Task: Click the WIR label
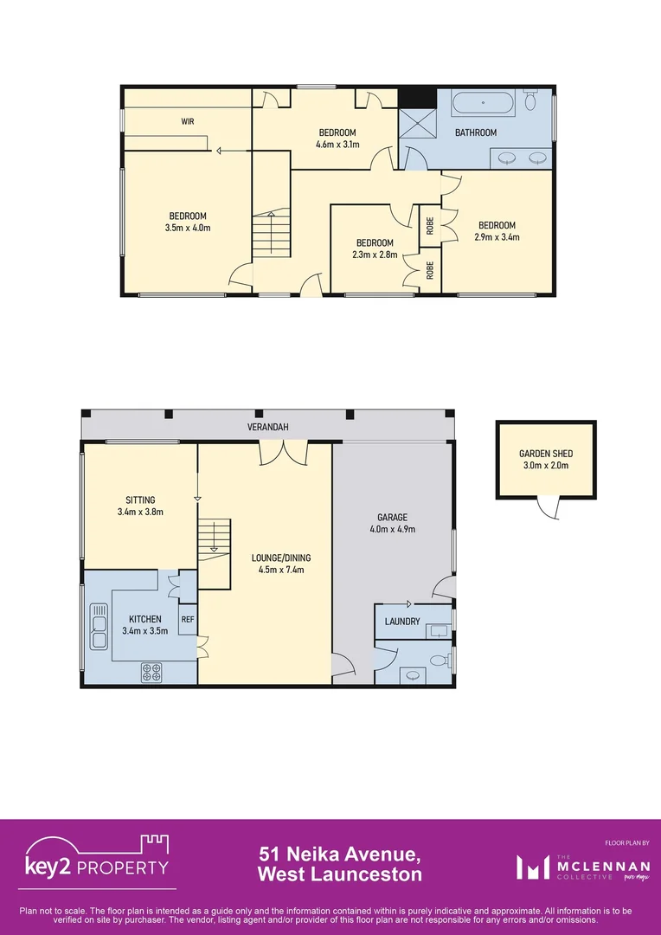tap(187, 122)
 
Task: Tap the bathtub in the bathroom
tap(484, 105)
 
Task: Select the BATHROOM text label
tap(476, 132)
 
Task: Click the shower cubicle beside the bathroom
tap(417, 123)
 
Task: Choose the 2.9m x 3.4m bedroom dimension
tap(497, 237)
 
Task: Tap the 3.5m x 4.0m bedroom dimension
tap(188, 228)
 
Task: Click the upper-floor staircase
tap(272, 235)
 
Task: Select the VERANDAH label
tap(267, 428)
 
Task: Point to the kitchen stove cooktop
tap(152, 671)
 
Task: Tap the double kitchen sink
tap(98, 626)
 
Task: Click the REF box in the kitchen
tap(188, 619)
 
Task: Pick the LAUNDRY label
tap(402, 622)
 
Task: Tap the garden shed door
tap(547, 508)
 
